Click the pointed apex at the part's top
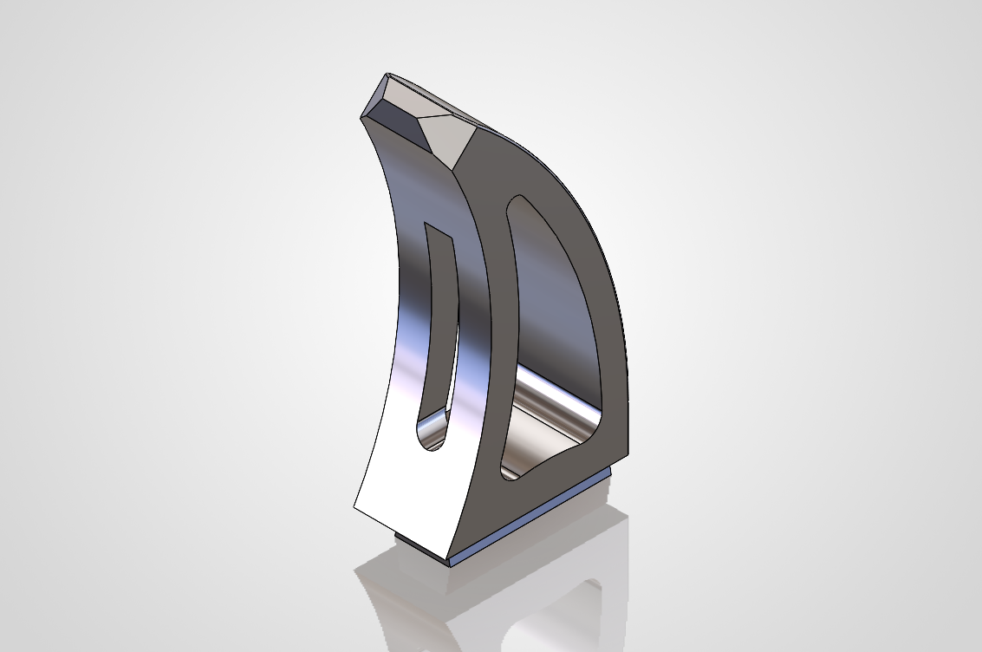click(388, 75)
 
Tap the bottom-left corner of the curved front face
click(354, 507)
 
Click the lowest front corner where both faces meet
click(450, 555)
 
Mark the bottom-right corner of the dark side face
click(628, 457)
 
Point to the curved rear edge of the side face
click(598, 243)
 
